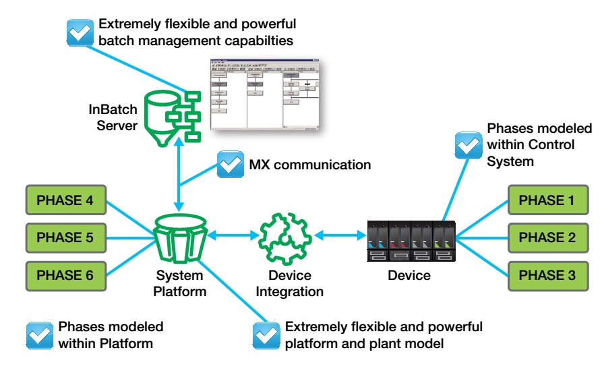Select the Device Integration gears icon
point(286,238)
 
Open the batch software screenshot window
point(266,94)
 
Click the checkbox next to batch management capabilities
point(80,31)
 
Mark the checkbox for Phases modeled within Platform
point(38,335)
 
